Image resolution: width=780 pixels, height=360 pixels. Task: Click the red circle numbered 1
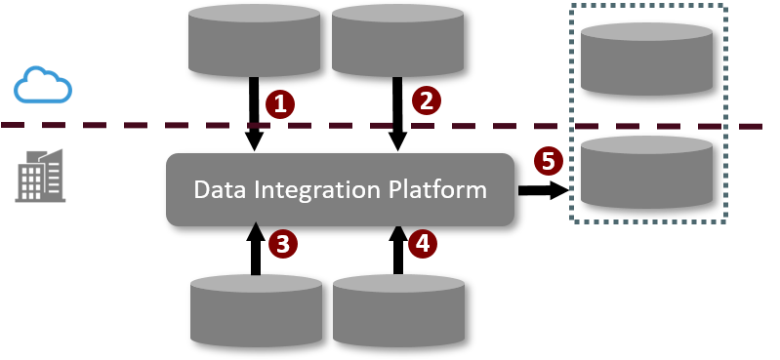click(x=280, y=104)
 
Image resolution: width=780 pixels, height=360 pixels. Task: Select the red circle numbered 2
click(x=426, y=100)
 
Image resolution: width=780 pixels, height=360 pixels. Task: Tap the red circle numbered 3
click(x=282, y=244)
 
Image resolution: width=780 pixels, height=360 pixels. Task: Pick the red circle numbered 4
click(x=422, y=243)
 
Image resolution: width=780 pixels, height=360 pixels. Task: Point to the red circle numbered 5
click(x=548, y=161)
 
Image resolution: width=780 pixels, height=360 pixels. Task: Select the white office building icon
click(x=41, y=177)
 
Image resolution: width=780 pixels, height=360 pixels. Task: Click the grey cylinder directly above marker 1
click(x=254, y=40)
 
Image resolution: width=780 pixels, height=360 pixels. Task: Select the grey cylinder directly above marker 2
click(x=397, y=40)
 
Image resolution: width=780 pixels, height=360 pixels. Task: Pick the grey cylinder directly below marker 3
click(x=256, y=310)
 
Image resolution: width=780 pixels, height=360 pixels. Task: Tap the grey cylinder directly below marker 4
click(x=398, y=310)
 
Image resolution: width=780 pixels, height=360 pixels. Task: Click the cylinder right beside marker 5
click(x=646, y=172)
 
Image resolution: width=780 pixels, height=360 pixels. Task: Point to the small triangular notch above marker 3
click(x=256, y=225)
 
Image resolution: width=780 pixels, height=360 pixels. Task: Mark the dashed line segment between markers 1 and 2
click(x=352, y=126)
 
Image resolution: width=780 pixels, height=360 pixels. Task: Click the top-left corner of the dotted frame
click(x=571, y=6)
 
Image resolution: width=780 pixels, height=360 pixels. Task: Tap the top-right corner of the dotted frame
click(x=725, y=6)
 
